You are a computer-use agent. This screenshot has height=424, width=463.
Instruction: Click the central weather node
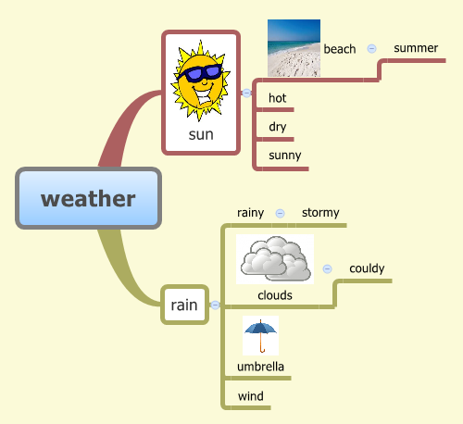pos(88,198)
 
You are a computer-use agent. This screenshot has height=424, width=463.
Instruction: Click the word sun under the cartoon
pos(200,134)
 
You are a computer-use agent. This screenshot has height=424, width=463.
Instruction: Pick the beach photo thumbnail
pos(294,48)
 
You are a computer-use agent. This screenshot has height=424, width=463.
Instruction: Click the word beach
pos(340,49)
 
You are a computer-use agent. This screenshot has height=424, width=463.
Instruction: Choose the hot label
pos(278,97)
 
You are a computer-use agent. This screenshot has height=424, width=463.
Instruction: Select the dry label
pos(278,126)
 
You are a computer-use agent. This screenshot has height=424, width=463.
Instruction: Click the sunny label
pos(285,155)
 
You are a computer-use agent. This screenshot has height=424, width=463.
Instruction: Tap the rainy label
pos(250,212)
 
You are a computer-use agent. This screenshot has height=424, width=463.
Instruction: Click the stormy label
pos(320,212)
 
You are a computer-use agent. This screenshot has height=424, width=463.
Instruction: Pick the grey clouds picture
pos(275,258)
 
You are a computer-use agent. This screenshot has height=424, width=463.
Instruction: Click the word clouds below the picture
pos(275,295)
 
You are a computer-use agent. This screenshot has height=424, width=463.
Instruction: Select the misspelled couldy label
pos(367,268)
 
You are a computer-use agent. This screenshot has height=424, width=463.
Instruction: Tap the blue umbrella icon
pos(260,335)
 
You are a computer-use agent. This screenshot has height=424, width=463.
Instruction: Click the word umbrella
pos(260,367)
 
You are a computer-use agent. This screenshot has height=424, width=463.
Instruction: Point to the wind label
pos(251,396)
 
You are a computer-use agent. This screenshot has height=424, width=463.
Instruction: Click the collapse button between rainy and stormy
pos(280,213)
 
